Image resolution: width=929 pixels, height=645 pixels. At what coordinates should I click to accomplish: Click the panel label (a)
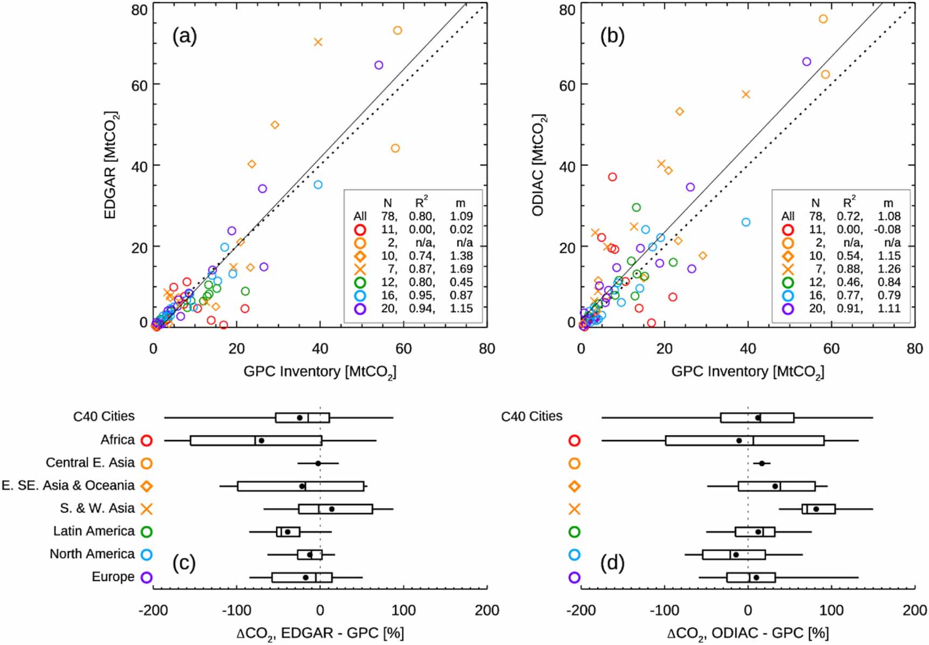click(184, 36)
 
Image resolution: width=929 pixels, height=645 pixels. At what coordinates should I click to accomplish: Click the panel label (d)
click(612, 563)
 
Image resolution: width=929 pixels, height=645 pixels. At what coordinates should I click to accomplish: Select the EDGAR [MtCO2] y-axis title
click(111, 165)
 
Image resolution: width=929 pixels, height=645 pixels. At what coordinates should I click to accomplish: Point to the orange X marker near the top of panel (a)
click(318, 42)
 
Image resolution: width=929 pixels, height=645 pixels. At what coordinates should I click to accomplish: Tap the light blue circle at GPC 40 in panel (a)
click(318, 185)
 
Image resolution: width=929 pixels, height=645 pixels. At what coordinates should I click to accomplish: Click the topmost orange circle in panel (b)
click(823, 19)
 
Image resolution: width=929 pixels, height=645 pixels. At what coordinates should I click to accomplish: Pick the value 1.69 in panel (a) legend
click(461, 269)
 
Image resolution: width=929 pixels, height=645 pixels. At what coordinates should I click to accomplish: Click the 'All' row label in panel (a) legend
click(360, 217)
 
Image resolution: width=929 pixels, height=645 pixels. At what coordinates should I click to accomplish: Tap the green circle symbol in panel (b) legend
click(788, 282)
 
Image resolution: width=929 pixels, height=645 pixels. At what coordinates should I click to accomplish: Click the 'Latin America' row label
click(94, 531)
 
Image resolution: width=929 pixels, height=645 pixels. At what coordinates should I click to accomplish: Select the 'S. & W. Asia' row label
click(97, 509)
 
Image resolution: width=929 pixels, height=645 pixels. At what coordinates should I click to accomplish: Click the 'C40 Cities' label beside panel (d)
click(532, 417)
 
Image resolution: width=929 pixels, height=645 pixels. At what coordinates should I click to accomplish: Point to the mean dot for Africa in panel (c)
click(261, 440)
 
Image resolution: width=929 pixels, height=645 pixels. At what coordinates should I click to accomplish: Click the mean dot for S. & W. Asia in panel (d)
click(815, 509)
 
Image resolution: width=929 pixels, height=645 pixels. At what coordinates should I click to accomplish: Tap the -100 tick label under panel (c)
click(237, 611)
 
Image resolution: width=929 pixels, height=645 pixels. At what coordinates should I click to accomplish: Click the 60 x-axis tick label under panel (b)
click(831, 349)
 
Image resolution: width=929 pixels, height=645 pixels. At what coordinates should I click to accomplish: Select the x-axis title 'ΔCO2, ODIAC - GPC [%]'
click(748, 633)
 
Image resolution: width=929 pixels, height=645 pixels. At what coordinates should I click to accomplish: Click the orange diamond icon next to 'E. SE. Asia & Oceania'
click(146, 486)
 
